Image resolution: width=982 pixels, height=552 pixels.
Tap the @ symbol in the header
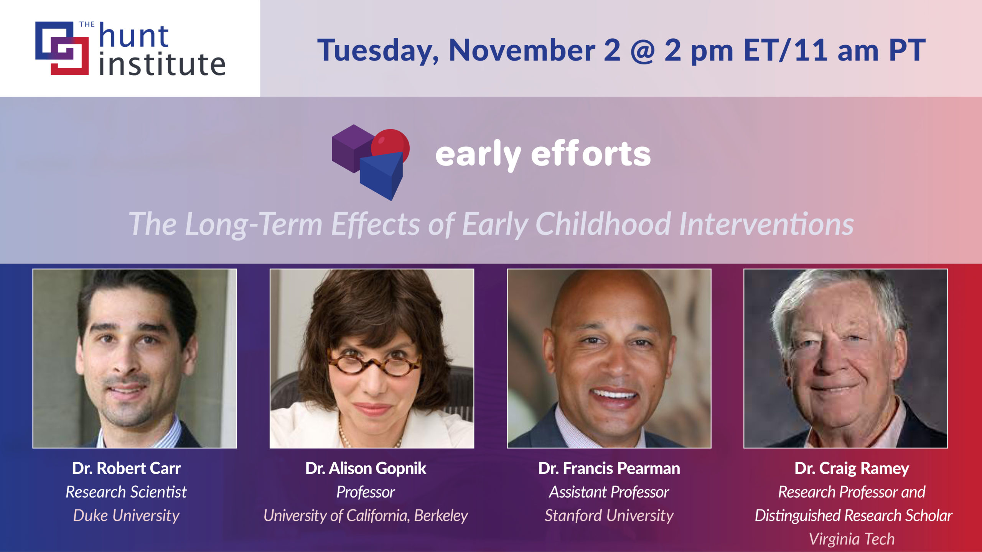tap(642, 51)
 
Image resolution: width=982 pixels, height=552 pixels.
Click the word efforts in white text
tap(591, 154)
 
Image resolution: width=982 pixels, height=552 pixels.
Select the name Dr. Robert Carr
tap(126, 468)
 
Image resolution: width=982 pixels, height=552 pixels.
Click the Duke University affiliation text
tap(126, 516)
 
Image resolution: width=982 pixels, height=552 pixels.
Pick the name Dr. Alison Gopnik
tap(366, 468)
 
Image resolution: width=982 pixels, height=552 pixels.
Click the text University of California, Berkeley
tap(366, 516)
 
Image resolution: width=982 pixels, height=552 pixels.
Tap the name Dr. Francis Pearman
tap(609, 468)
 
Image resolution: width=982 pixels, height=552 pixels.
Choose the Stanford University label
tap(609, 516)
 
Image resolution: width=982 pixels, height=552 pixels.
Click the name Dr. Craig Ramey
tap(852, 468)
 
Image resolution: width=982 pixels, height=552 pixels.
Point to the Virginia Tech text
tap(852, 539)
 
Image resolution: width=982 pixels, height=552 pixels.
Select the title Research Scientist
tap(126, 492)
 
